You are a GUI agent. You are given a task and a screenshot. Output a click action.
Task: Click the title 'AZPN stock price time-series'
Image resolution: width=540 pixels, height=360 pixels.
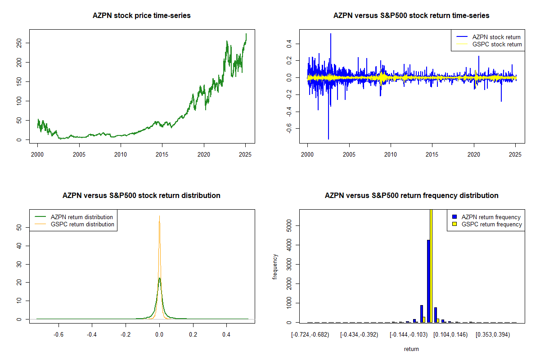(x=141, y=16)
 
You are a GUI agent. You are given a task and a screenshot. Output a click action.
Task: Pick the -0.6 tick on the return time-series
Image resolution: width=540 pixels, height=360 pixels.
(x=289, y=129)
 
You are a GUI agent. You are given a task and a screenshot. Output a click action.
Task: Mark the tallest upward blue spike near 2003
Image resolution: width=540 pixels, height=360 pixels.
(x=331, y=34)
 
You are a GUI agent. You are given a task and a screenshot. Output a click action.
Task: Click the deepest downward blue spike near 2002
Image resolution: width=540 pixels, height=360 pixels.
(x=328, y=139)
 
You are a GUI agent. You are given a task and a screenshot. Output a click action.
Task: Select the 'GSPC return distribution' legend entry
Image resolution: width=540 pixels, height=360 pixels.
(x=82, y=224)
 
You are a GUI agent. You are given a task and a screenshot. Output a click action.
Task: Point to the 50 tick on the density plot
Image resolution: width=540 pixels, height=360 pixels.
(x=19, y=227)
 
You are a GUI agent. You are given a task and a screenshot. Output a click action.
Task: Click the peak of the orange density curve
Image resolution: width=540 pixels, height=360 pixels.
(x=159, y=216)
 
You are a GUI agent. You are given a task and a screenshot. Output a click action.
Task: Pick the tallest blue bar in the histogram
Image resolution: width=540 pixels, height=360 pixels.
(x=428, y=281)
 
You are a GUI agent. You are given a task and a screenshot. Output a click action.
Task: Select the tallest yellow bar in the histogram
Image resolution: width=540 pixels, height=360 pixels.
(x=431, y=265)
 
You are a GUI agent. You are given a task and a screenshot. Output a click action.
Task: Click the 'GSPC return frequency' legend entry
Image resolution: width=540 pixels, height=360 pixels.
(x=491, y=224)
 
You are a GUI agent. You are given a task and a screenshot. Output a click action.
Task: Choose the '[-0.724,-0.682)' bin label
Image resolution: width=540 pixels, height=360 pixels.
(x=310, y=335)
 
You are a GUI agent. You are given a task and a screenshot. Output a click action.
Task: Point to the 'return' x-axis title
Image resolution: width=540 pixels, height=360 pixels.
(x=411, y=349)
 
